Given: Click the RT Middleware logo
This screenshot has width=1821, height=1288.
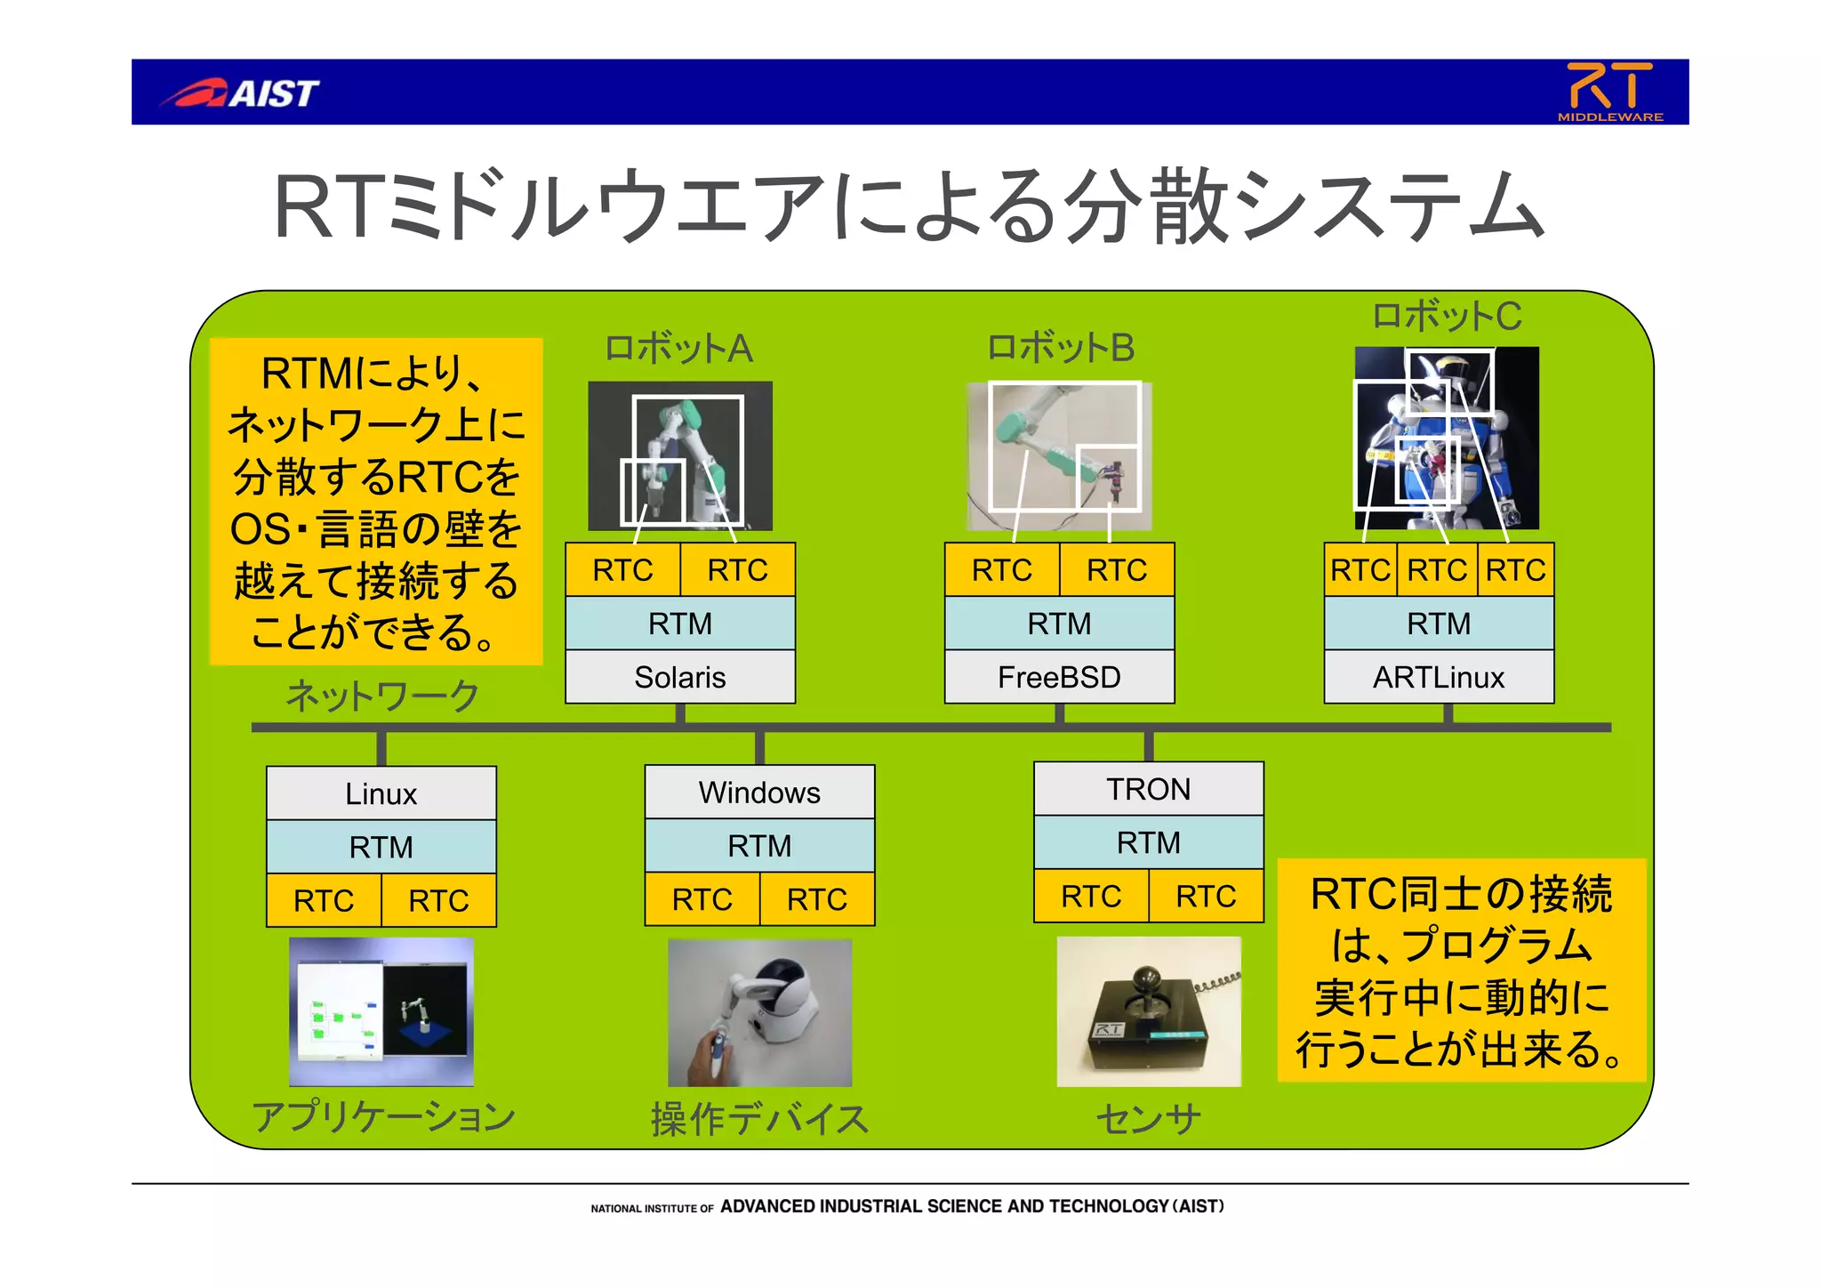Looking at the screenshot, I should tap(1609, 92).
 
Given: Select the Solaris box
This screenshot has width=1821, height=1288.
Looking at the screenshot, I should tap(680, 678).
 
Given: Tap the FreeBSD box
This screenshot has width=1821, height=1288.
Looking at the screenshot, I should tap(1059, 678).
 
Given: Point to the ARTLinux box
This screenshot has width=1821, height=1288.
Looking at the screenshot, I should tap(1439, 678).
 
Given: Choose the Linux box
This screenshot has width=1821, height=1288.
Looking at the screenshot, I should tap(381, 793).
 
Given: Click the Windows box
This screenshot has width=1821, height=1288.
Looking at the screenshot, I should tap(759, 792).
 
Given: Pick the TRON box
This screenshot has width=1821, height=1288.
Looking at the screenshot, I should tap(1148, 789).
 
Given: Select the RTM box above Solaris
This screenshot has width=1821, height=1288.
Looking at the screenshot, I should tap(680, 624).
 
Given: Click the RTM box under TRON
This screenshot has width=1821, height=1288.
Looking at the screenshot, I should tap(1148, 842).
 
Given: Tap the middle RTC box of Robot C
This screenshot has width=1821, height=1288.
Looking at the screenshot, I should tap(1437, 570).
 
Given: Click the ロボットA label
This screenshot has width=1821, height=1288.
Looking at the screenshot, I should tap(678, 349).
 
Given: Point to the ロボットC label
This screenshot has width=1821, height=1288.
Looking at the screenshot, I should tap(1447, 317).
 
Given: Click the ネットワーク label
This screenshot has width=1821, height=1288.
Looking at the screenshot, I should tap(382, 696).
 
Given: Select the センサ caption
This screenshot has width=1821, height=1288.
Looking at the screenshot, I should tap(1148, 1119).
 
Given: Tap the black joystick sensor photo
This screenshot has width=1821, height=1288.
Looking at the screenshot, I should tap(1148, 1011).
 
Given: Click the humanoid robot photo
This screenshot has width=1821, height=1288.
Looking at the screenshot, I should tap(1447, 439).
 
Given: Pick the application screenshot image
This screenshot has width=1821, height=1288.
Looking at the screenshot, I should tap(381, 1011).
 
